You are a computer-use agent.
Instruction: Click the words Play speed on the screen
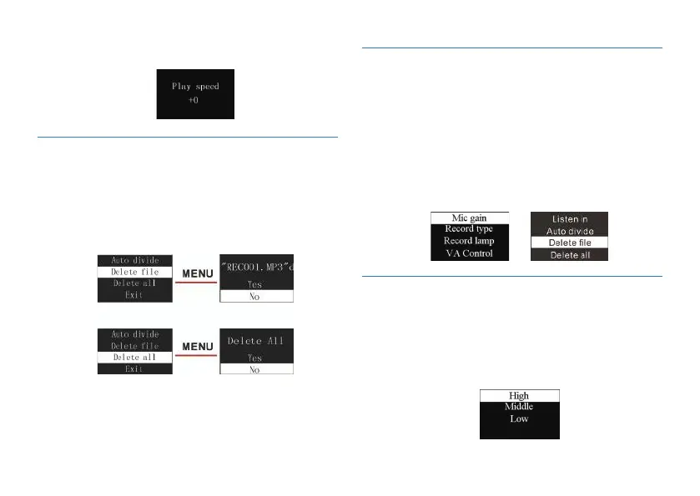point(194,86)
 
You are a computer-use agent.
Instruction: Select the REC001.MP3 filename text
point(255,268)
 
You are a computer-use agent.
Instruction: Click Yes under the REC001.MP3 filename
point(255,284)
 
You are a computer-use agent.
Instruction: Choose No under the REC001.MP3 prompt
point(255,296)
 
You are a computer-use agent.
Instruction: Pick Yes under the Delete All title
point(255,358)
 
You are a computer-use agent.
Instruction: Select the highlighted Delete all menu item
point(135,357)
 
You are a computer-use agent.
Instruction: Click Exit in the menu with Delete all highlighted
point(135,368)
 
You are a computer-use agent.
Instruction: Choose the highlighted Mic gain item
point(469,218)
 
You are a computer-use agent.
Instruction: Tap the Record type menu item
point(469,229)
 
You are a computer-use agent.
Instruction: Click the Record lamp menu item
point(469,241)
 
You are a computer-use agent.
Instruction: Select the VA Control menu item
point(469,253)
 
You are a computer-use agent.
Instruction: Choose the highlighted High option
point(519,395)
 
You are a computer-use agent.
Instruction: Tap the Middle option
point(519,407)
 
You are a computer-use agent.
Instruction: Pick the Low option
point(519,418)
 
